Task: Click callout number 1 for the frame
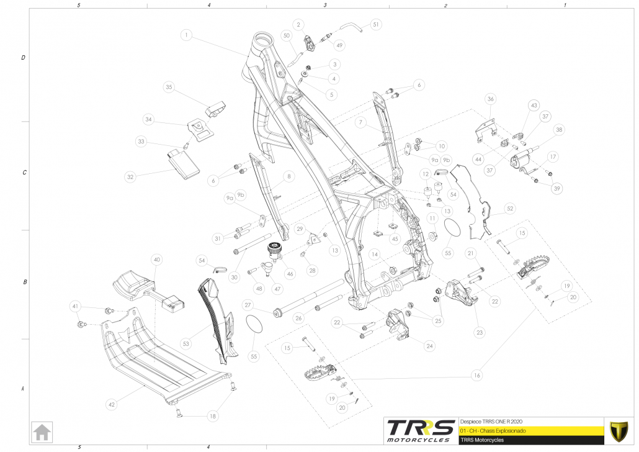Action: coord(187,35)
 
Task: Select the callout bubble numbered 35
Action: coord(169,88)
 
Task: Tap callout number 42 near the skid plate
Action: coord(112,404)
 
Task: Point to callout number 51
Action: coord(376,25)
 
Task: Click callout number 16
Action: coord(476,374)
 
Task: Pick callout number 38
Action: coord(560,130)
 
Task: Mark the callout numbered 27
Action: coord(248,305)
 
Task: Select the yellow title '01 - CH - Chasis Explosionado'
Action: coord(530,430)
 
